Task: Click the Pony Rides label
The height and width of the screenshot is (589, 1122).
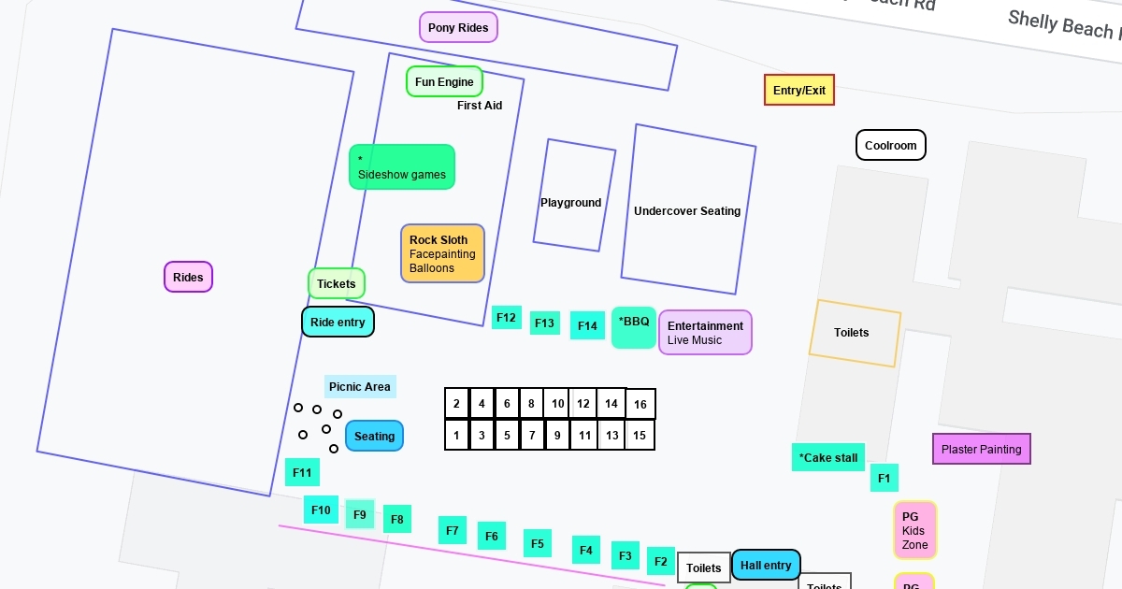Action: [x=458, y=28]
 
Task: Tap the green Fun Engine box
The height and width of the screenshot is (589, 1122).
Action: [x=444, y=82]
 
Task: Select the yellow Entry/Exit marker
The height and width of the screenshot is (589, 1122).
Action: [x=799, y=91]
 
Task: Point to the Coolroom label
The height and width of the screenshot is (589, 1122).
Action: [x=890, y=146]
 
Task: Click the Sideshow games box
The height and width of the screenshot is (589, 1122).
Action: [x=402, y=167]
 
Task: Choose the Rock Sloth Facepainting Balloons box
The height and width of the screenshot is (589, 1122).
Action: [x=442, y=253]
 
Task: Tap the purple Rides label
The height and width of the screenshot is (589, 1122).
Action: [x=188, y=278]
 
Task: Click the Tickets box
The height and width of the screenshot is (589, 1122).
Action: [x=336, y=284]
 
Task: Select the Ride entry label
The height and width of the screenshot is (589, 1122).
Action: [x=338, y=323]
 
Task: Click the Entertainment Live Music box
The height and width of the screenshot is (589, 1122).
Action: [x=705, y=333]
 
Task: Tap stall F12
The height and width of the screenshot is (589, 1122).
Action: [x=506, y=318]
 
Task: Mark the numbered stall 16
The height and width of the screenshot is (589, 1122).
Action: [x=640, y=405]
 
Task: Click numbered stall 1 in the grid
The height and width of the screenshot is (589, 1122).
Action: [x=456, y=436]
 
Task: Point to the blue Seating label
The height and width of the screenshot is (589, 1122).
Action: [x=374, y=437]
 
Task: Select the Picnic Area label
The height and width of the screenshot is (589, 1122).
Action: [x=360, y=387]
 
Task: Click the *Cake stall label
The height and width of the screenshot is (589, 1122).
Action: [x=827, y=458]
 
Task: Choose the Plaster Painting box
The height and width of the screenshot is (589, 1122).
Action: [x=981, y=450]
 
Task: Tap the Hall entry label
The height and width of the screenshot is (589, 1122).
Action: [x=766, y=566]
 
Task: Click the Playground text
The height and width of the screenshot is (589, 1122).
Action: [x=570, y=203]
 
